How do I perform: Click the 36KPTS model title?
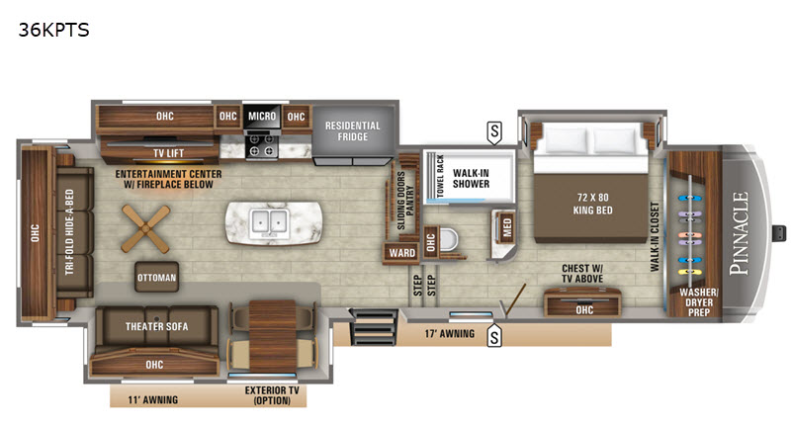(54, 31)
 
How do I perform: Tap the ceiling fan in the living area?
(145, 229)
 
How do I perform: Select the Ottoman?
(157, 277)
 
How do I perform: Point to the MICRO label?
(262, 116)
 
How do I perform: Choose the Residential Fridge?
(353, 131)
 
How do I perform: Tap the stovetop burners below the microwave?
(262, 145)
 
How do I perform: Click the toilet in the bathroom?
(448, 240)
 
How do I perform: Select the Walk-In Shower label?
(471, 179)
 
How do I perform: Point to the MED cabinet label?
(507, 227)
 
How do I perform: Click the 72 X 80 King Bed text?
(592, 204)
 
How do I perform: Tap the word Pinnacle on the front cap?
(740, 233)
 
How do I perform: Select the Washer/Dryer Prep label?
(699, 302)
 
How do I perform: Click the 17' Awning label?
(450, 334)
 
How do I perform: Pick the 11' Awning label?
(153, 400)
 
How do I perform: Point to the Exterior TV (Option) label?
(272, 395)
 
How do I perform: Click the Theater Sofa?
(157, 326)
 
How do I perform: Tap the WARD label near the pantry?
(402, 253)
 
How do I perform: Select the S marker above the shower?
(494, 132)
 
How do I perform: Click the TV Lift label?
(168, 153)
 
